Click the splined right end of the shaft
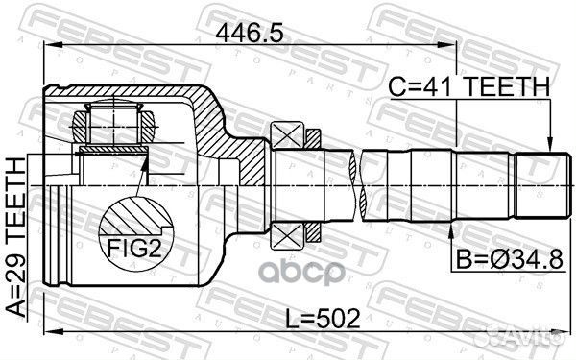[x=539, y=183]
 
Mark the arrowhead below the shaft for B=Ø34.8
[x=455, y=227]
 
